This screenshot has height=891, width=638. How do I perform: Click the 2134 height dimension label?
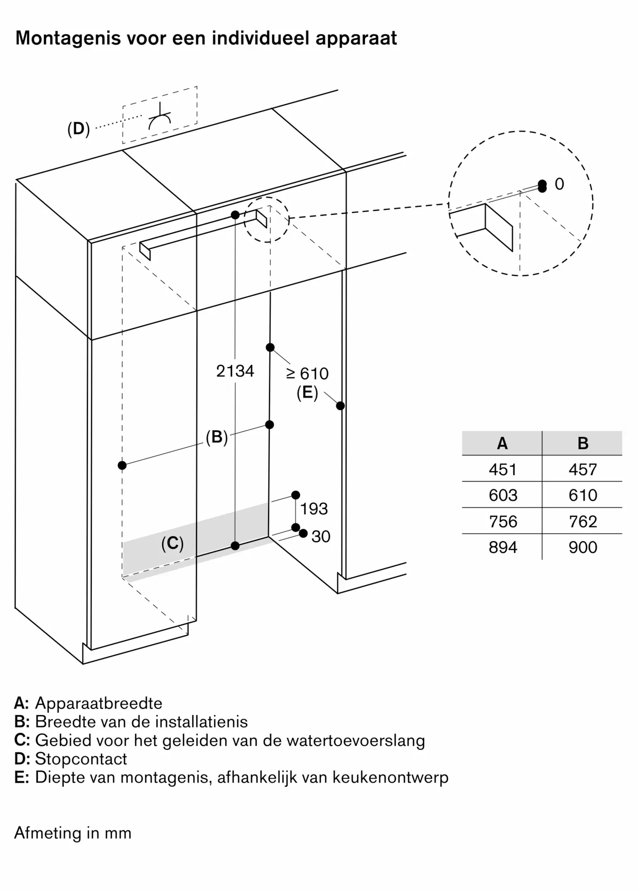235,371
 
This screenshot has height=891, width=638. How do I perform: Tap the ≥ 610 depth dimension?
307,373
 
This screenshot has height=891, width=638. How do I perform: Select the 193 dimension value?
314,509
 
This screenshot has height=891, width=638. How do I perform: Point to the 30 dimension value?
321,536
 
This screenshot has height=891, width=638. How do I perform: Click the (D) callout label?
78,129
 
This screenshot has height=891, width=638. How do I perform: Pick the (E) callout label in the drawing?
307,393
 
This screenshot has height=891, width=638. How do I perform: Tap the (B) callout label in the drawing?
217,437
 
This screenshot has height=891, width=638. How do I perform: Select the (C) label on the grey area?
172,543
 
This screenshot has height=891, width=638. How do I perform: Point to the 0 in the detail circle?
559,184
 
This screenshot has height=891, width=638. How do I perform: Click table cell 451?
503,470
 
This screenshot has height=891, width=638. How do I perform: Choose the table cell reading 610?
583,495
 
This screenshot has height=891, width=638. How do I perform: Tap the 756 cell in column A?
503,522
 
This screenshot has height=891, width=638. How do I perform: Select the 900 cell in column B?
583,548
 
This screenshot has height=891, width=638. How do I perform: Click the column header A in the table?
502,443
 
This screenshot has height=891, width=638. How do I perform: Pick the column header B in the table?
583,443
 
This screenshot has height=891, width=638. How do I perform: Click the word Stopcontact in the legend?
81,759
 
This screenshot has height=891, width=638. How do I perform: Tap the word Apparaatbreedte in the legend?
98,703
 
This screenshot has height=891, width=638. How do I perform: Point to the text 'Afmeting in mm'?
73,833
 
